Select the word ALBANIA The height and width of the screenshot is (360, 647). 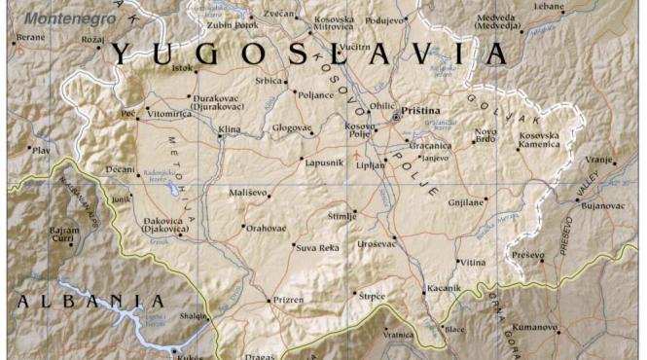coord(90,302)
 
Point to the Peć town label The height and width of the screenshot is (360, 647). coord(127,114)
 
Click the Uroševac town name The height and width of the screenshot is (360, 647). coord(377,242)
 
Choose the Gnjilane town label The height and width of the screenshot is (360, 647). coord(466,202)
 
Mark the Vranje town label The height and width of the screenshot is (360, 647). coord(599,159)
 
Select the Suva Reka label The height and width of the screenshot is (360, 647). coord(317,248)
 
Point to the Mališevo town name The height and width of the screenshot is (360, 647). coord(247,194)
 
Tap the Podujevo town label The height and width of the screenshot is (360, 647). coord(385,19)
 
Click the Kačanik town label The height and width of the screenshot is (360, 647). coord(441,290)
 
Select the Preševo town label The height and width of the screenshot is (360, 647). coord(528,254)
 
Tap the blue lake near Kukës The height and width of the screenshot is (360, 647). coord(144,325)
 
